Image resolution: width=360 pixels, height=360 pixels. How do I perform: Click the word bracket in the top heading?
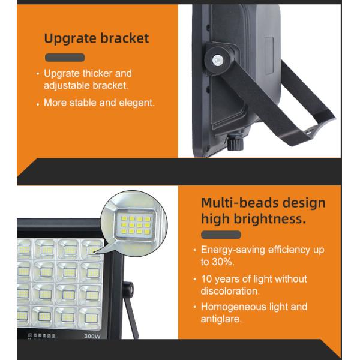pyautogui.click(x=125, y=38)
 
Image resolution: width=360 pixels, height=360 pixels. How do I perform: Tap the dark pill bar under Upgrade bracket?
pyautogui.click(x=65, y=58)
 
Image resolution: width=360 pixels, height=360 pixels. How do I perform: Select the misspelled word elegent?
pyautogui.click(x=136, y=103)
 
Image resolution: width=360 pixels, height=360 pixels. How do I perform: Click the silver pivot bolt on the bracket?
pyautogui.click(x=217, y=61)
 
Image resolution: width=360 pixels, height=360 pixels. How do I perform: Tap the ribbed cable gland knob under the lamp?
pyautogui.click(x=235, y=143)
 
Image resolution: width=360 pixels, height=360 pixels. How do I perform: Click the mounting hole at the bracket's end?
pyautogui.click(x=310, y=132)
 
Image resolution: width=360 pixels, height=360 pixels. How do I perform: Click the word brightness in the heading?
pyautogui.click(x=269, y=218)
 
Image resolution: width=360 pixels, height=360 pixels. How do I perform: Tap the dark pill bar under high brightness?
pyautogui.click(x=221, y=235)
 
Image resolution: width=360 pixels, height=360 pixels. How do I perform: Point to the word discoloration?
pyautogui.click(x=230, y=292)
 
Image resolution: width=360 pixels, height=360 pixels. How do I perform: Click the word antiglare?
pyautogui.click(x=221, y=319)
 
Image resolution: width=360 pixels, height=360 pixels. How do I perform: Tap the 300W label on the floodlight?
pyautogui.click(x=92, y=337)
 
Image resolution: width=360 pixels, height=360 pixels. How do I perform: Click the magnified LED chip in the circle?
pyautogui.click(x=135, y=225)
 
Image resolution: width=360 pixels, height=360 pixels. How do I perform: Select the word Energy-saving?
pyautogui.click(x=233, y=250)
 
